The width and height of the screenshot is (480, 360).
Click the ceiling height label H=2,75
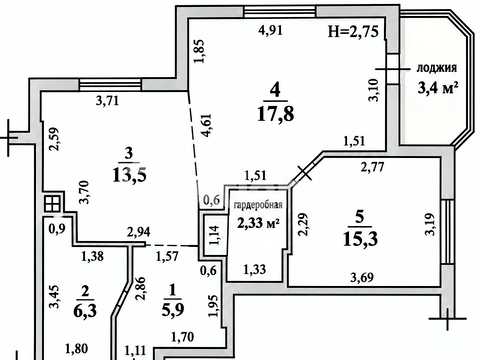353,32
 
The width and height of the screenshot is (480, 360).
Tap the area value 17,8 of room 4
276,114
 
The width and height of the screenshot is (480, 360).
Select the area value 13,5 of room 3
129,175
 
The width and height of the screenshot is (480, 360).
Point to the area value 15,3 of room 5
360,239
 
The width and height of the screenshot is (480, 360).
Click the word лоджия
437,68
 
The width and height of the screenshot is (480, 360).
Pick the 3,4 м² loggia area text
438,89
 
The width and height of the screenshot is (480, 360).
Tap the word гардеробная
258,205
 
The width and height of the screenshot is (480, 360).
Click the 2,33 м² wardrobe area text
258,223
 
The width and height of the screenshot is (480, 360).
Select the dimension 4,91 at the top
271,31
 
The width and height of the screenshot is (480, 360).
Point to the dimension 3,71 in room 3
107,100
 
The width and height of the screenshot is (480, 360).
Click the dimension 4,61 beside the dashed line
206,125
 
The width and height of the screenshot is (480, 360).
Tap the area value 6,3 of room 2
85,311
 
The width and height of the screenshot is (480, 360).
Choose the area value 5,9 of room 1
173,310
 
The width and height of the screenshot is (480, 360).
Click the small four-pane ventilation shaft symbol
53,203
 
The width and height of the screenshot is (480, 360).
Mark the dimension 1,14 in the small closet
214,235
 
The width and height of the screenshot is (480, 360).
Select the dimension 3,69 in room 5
362,277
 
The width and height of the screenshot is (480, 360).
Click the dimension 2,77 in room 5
372,167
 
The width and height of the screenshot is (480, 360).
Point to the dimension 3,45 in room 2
54,296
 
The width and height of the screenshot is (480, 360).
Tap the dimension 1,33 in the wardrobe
255,269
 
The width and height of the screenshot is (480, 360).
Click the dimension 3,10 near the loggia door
373,90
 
